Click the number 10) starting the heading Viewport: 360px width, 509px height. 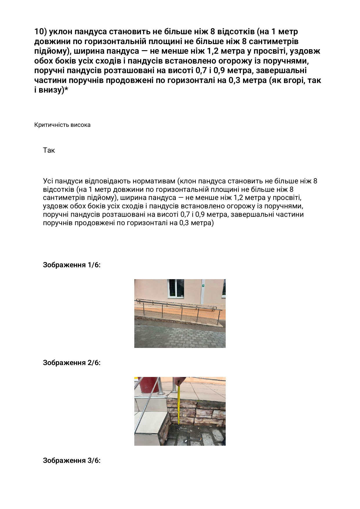40,31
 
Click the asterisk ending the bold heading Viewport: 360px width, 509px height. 66,90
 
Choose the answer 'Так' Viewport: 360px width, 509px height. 49,150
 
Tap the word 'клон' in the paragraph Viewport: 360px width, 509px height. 188,181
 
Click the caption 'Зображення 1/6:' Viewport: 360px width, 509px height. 72,265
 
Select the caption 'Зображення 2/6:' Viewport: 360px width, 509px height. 72,363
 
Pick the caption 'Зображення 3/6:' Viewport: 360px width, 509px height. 72,461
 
